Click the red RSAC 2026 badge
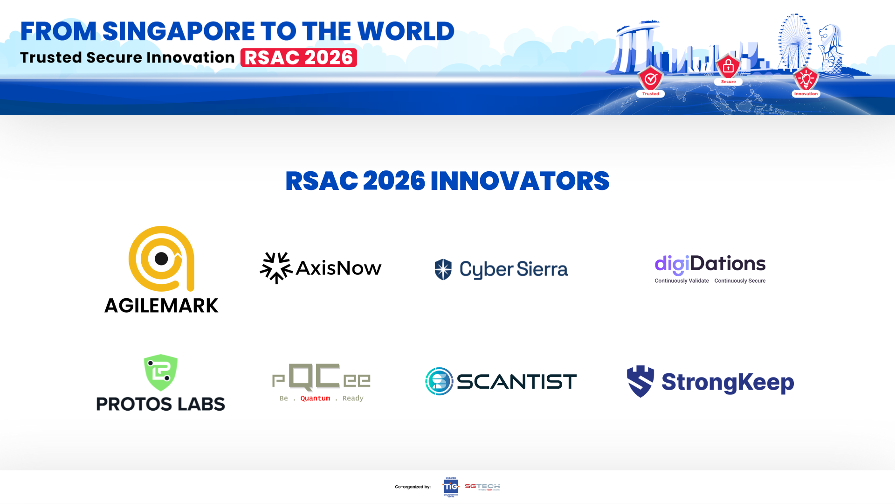coord(298,58)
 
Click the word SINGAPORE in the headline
coord(178,32)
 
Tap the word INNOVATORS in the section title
coord(519,181)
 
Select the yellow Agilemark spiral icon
coord(161,259)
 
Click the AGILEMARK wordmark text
coord(161,306)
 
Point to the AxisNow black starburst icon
coord(275,268)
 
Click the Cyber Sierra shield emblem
coord(443,269)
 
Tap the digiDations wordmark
coord(710,264)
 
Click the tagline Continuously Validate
coord(682,281)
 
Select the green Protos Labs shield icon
coord(161,372)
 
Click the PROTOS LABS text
coord(160,404)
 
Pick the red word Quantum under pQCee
coord(315,399)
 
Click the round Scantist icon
coord(439,381)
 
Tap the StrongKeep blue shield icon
coord(640,381)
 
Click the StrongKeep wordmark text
coord(727,383)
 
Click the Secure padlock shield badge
coord(728,67)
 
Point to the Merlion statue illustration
coord(831,47)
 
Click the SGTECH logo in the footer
coord(482,487)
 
